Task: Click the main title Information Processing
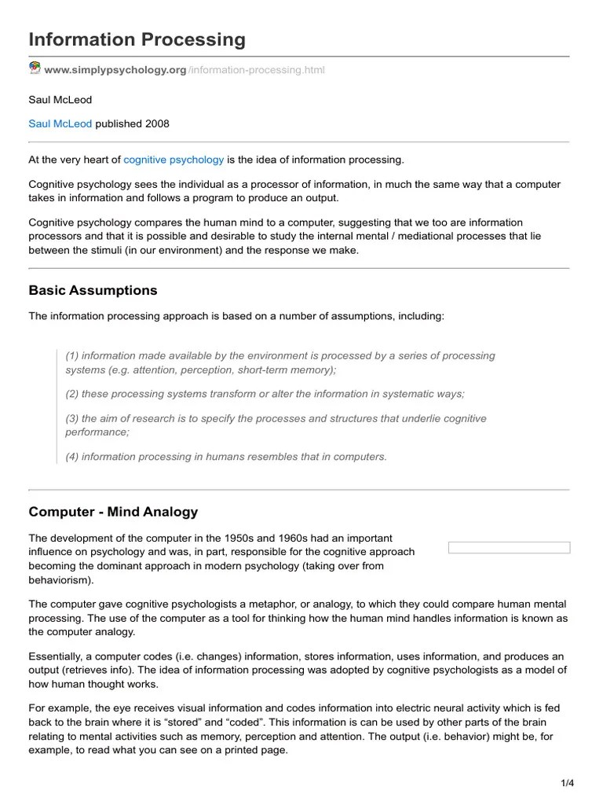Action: click(137, 39)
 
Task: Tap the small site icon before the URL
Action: click(35, 68)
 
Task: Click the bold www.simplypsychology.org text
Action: click(115, 70)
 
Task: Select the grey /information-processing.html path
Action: click(256, 70)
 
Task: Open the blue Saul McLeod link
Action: click(60, 123)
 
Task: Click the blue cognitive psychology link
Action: click(174, 160)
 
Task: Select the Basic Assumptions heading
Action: click(93, 290)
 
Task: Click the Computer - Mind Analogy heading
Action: click(113, 512)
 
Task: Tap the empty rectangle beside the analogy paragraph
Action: click(509, 547)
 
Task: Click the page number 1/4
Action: click(567, 782)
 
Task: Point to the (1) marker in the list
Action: click(72, 355)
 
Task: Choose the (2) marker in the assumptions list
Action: click(72, 393)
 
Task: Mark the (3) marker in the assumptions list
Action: click(72, 418)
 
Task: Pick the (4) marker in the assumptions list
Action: click(72, 456)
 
